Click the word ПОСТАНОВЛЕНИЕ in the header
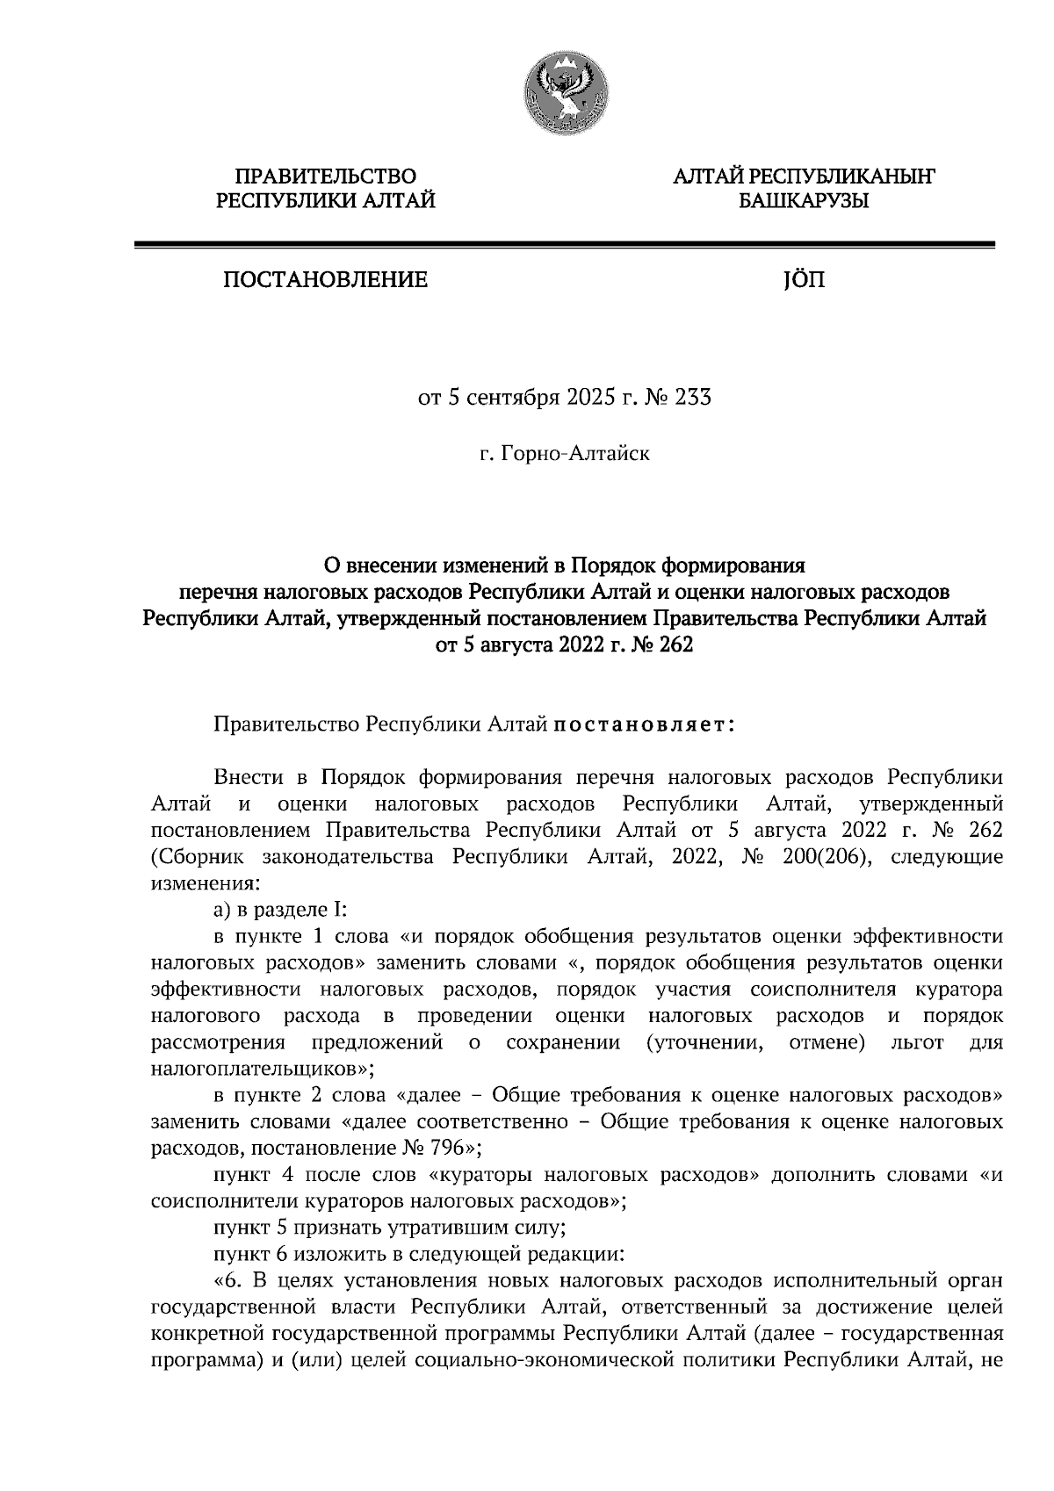click(x=325, y=281)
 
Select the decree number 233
click(x=692, y=398)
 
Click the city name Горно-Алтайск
click(x=575, y=455)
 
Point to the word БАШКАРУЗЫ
click(x=803, y=203)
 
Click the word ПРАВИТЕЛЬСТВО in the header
click(x=326, y=176)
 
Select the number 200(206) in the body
click(x=827, y=856)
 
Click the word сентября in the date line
click(x=511, y=398)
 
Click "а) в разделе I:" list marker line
click(x=277, y=911)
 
